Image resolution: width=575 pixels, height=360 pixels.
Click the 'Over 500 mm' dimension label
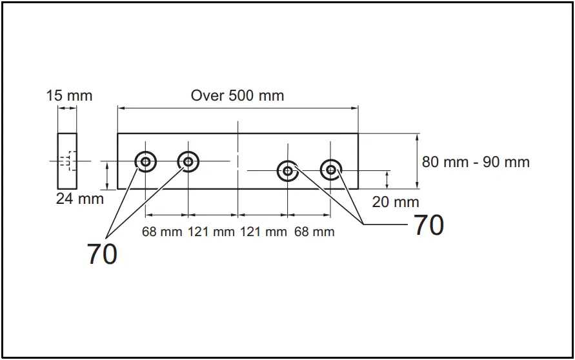237,95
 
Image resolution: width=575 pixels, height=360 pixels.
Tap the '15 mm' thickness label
69,95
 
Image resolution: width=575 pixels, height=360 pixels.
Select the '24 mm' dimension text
79,199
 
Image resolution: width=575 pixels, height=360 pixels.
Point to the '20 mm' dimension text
396,202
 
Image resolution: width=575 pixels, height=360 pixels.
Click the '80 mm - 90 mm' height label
476,161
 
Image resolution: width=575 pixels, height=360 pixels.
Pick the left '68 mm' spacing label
162,232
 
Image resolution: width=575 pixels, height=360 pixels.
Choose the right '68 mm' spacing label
314,232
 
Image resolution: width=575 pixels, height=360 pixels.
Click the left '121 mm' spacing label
211,232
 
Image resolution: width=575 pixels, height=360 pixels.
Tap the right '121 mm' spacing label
263,232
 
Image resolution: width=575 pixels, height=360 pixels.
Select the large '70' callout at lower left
102,254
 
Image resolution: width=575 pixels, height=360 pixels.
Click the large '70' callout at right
428,225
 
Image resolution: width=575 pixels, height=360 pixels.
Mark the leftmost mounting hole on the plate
145,161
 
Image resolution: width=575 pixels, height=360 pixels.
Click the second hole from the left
188,161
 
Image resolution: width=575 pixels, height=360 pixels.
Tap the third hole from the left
287,170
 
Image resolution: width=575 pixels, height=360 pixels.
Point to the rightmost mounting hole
331,170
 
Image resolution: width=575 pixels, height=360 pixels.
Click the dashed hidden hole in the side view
68,161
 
